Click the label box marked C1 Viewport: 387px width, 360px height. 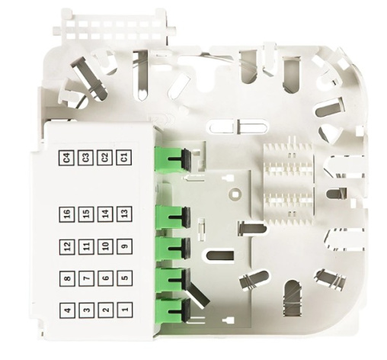point(124,158)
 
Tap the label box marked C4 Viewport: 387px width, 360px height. point(66,158)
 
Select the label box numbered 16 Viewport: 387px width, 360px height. point(67,214)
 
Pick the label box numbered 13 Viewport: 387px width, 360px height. point(124,214)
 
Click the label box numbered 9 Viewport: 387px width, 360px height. point(124,246)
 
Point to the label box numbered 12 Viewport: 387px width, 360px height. point(67,247)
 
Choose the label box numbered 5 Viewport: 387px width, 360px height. point(124,278)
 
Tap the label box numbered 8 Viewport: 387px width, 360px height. point(67,278)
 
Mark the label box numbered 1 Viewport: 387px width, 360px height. point(125,310)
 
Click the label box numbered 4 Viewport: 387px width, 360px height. point(68,310)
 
